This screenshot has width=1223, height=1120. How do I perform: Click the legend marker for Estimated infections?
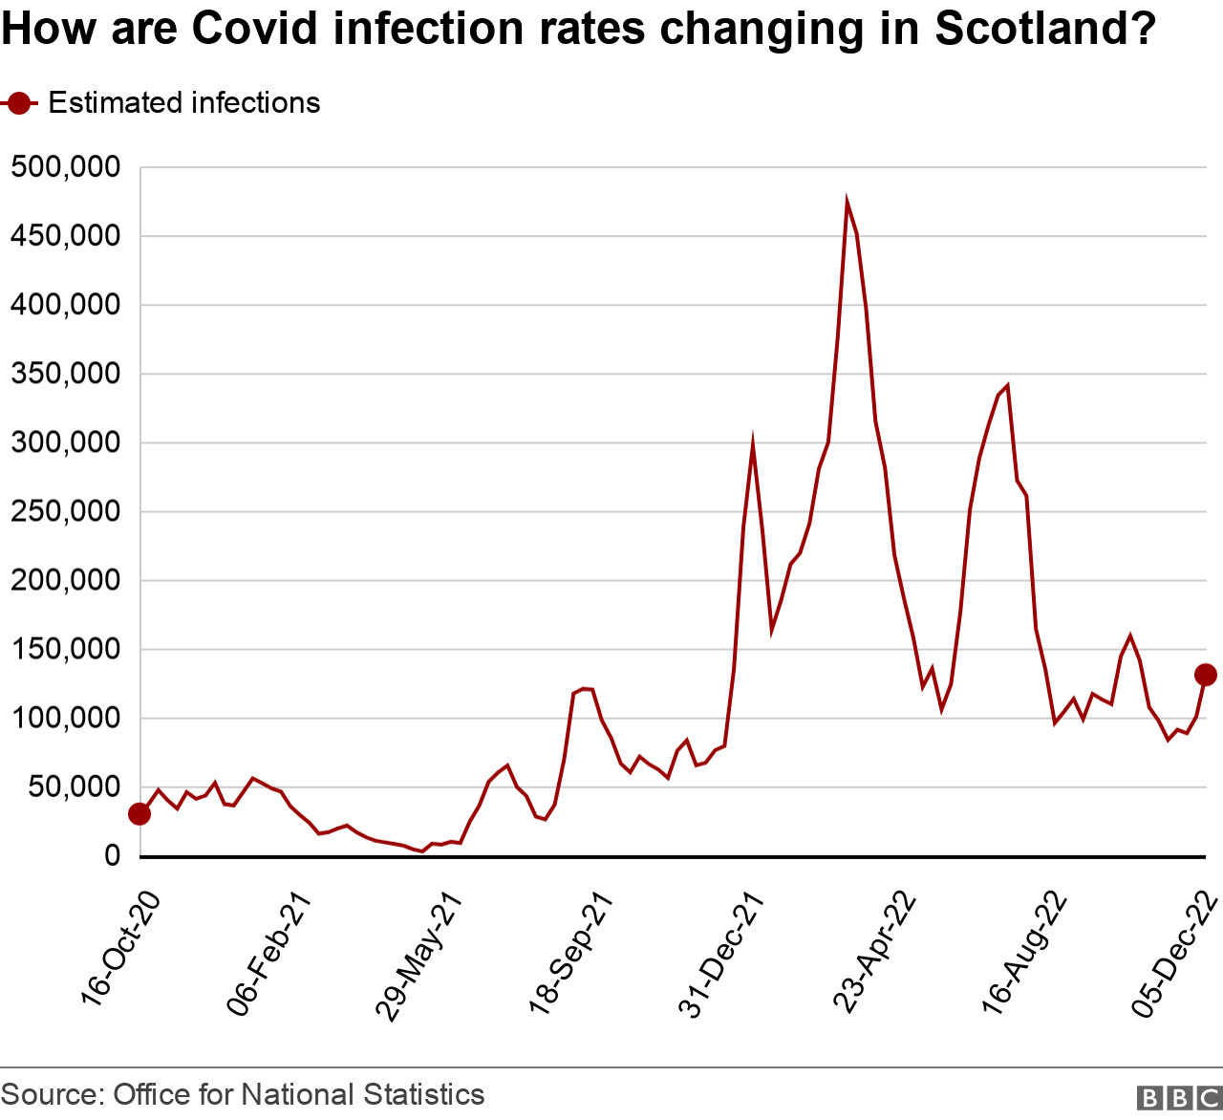click(x=19, y=103)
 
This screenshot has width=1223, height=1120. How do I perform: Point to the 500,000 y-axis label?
click(x=66, y=168)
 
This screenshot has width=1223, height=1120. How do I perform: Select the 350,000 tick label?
click(x=66, y=374)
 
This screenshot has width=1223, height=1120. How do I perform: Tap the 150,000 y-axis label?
click(x=66, y=650)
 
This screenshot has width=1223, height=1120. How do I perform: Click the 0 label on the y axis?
click(x=113, y=856)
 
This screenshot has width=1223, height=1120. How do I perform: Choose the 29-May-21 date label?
click(x=420, y=956)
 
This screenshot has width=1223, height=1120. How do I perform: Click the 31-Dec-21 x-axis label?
click(x=721, y=956)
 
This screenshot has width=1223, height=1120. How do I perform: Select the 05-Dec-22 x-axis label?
click(x=1175, y=956)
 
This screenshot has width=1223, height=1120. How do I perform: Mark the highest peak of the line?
click(x=847, y=202)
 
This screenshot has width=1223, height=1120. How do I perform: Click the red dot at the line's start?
click(x=139, y=814)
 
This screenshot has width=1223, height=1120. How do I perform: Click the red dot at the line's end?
click(x=1205, y=675)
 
